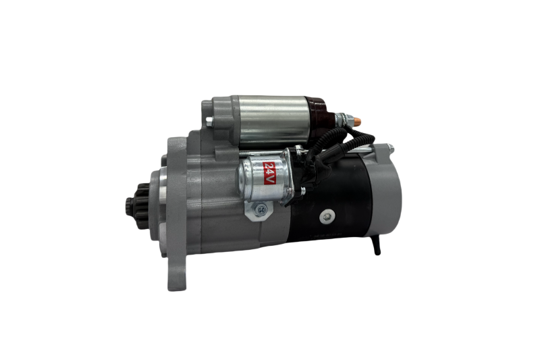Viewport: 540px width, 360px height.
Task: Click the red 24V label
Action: [x=269, y=173]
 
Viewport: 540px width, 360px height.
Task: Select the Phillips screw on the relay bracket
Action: [x=261, y=209]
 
